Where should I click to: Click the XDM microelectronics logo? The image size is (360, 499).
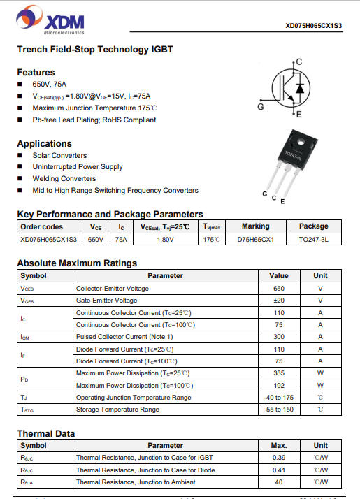pos(52,21)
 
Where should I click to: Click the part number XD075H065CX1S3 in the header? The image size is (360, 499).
pos(314,27)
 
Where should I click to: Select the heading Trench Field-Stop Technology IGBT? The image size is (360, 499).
pos(94,50)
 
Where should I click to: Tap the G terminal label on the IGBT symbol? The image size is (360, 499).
pos(260,107)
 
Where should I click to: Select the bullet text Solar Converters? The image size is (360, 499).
pos(59,155)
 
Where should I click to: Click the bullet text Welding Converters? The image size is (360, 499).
pos(64,178)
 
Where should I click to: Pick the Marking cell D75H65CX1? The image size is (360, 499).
pos(255,239)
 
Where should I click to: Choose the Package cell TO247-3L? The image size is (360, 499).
pos(313,239)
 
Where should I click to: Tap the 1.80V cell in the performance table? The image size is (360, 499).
pos(165,239)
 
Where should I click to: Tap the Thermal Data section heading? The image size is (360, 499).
pos(45,433)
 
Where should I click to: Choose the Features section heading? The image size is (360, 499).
pos(36,72)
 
